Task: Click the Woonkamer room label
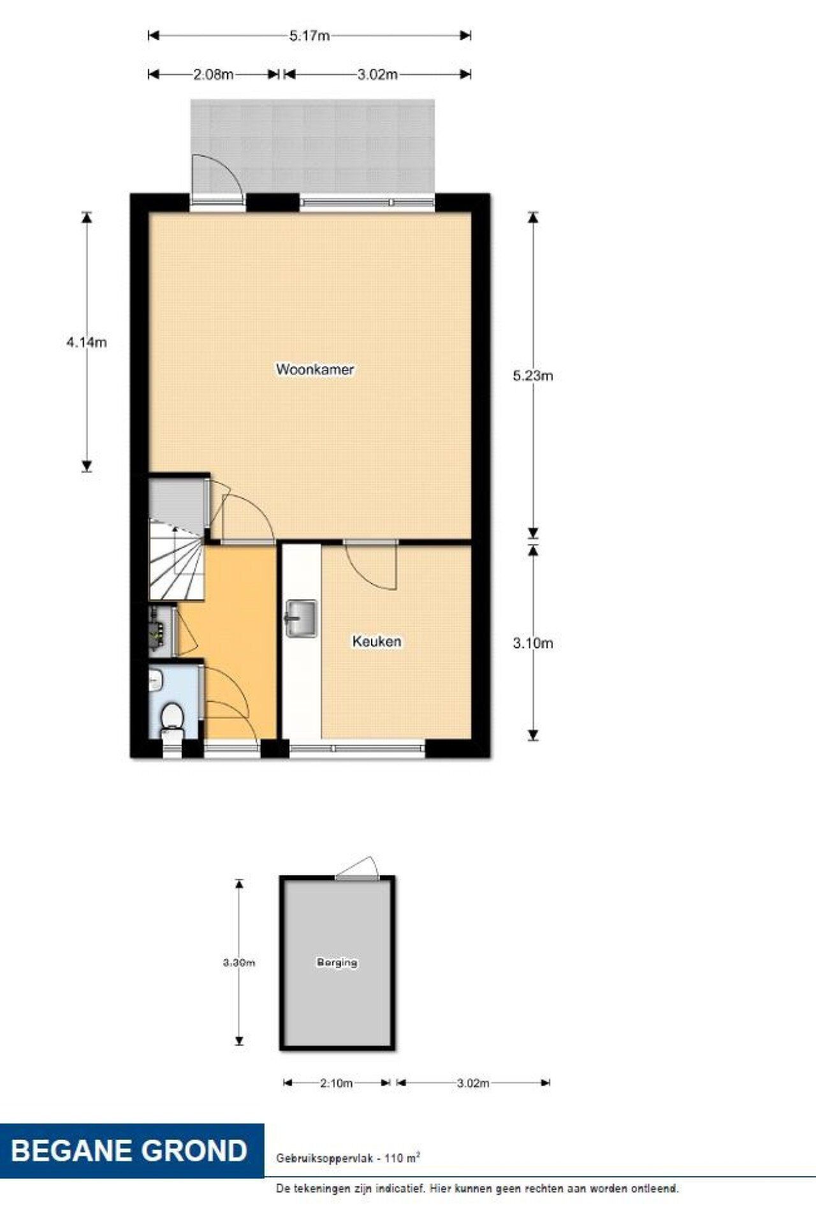[x=315, y=369]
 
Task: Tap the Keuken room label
[x=377, y=641]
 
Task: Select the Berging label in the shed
[x=337, y=962]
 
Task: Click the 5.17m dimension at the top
[x=309, y=36]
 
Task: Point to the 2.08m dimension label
[x=213, y=75]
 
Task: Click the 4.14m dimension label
[x=87, y=342]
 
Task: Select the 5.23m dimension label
[x=533, y=376]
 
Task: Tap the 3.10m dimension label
[x=533, y=644]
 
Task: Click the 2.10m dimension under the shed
[x=336, y=1083]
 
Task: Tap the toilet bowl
[x=171, y=716]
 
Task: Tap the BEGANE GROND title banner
[x=130, y=1151]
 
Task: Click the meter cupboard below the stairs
[x=162, y=631]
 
